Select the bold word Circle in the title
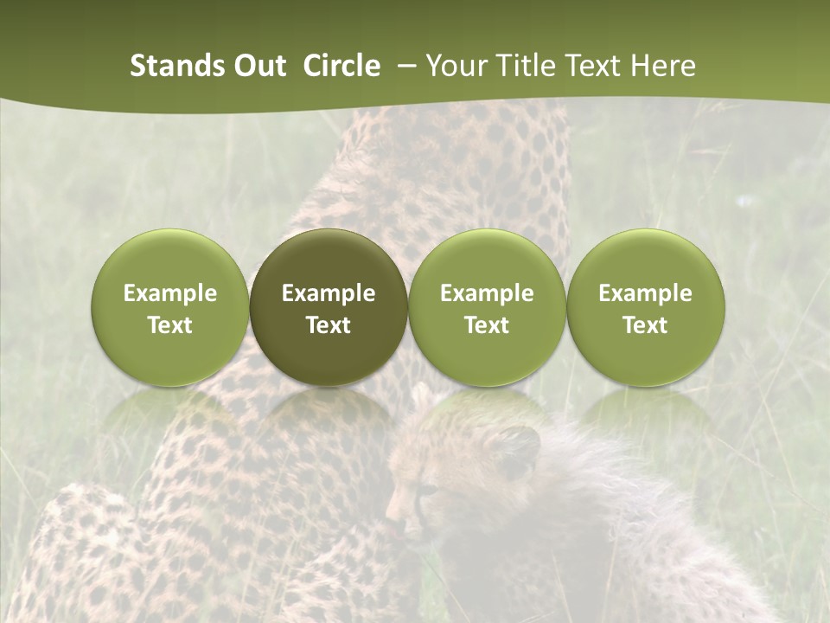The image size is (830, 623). tap(342, 66)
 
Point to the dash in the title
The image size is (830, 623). tap(404, 66)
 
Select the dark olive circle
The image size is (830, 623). tap(329, 260)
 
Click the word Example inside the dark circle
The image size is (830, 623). tap(329, 293)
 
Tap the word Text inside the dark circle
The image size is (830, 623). tap(329, 325)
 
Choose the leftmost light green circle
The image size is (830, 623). tap(169, 260)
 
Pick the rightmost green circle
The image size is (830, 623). tap(646, 260)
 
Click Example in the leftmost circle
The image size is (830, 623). tap(169, 293)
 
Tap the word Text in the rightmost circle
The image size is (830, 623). tap(646, 325)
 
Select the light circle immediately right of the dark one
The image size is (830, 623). tap(487, 260)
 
